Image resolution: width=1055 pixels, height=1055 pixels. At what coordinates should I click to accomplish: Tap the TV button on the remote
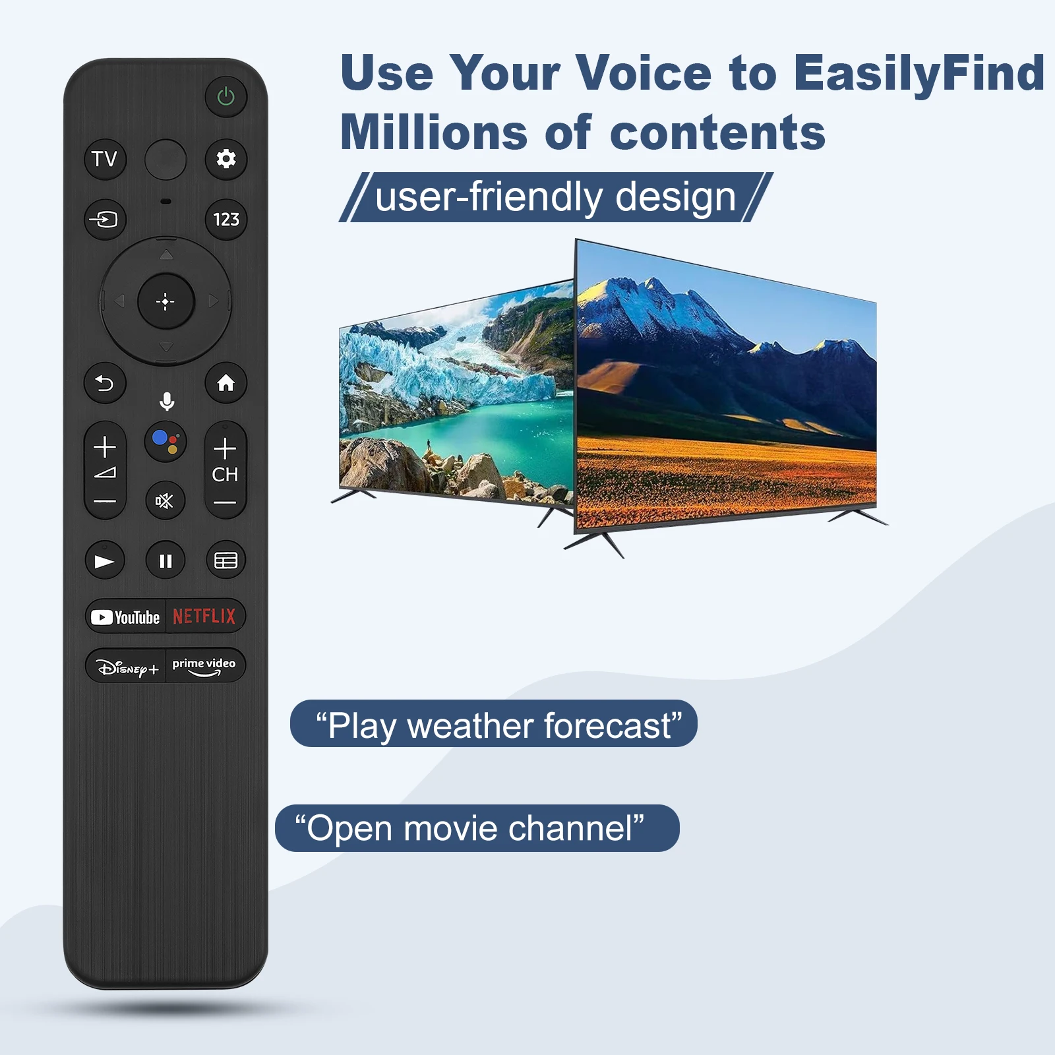(x=105, y=159)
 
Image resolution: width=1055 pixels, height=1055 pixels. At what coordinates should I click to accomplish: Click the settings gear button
(x=226, y=159)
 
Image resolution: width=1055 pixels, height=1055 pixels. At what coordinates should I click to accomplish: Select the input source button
(x=105, y=219)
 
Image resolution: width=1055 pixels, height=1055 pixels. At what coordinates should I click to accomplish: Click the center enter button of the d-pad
(x=166, y=301)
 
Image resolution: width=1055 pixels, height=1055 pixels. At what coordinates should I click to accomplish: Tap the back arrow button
(x=105, y=383)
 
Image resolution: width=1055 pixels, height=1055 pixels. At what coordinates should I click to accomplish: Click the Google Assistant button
(x=166, y=441)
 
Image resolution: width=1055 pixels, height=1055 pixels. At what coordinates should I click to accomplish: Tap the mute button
(x=165, y=501)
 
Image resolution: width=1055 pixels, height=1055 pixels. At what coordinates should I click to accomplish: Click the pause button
(x=166, y=560)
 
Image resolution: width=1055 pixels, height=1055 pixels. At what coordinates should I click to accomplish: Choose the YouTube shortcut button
(x=126, y=617)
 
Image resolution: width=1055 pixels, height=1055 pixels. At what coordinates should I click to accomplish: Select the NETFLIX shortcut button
(x=205, y=617)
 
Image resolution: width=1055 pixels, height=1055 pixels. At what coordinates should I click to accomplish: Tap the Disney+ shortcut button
(x=126, y=667)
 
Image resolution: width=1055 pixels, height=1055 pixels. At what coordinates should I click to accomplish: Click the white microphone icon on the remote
(x=167, y=401)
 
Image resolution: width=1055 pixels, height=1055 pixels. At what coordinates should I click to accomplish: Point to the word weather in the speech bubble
(x=472, y=725)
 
